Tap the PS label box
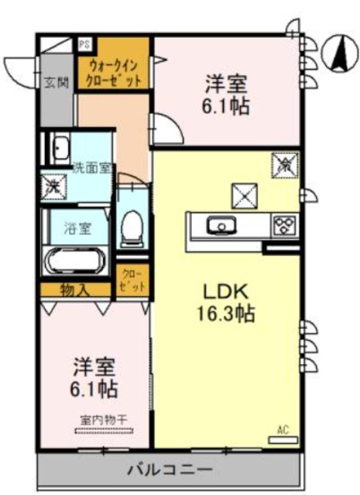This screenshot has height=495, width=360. click(x=83, y=44)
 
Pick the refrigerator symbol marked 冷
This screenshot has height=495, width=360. click(x=284, y=164)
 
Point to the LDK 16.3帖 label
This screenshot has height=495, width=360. click(x=225, y=303)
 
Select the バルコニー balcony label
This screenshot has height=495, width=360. click(x=169, y=469)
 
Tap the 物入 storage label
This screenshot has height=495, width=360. click(x=76, y=291)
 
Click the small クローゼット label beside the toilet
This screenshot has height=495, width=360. click(x=130, y=282)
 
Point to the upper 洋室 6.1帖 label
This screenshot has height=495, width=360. click(x=227, y=94)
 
